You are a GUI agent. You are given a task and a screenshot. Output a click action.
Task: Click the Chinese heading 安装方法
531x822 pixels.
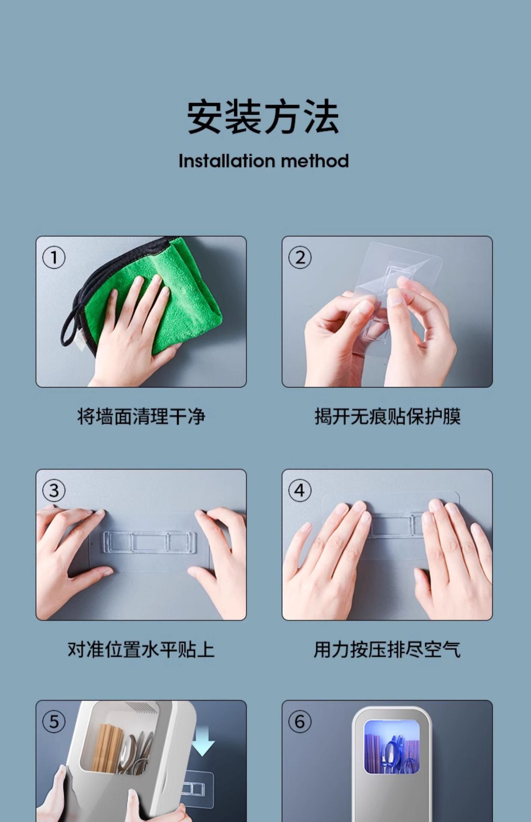point(263,116)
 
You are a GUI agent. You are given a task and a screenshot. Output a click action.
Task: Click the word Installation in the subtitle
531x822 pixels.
point(227,161)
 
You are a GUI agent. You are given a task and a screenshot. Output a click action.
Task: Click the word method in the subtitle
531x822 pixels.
point(315,161)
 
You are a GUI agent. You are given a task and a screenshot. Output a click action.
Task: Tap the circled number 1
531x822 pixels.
point(54,258)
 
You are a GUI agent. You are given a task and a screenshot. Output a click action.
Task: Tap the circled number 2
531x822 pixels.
point(300,258)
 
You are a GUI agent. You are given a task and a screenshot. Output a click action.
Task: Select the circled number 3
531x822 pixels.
point(54,491)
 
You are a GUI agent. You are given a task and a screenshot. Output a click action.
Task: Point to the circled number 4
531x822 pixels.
point(300,491)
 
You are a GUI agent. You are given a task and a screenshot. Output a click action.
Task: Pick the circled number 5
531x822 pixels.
point(54,722)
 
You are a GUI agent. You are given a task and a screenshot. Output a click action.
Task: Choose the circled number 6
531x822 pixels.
point(300,722)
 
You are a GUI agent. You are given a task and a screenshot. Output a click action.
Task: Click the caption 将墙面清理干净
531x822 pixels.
point(141,417)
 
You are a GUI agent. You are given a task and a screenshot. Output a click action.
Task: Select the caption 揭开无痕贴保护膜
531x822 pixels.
point(388,417)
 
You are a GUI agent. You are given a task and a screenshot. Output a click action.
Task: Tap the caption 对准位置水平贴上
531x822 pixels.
point(141,649)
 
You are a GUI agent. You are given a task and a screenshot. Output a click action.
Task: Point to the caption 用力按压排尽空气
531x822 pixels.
point(388,649)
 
